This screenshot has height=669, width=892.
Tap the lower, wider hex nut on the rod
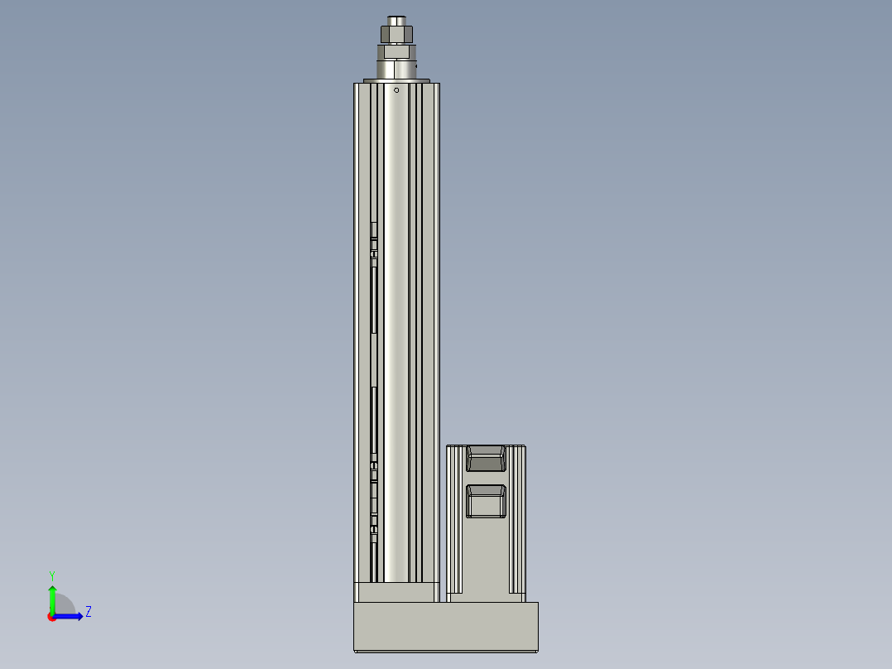pos(396,51)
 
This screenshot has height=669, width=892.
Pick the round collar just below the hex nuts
pos(396,69)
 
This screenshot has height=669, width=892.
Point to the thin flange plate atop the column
pos(397,80)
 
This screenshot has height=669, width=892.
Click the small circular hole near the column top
pos(396,89)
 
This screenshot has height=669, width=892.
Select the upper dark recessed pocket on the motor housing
pos(486,459)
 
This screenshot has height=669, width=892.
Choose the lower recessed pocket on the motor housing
pos(486,500)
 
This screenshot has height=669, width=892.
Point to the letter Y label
pos(51,575)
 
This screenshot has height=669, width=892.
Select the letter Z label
pos(88,612)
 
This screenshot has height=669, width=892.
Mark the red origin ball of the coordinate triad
pos(52,617)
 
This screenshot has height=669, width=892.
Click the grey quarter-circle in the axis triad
pos(64,605)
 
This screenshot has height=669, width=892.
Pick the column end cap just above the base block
pos(396,591)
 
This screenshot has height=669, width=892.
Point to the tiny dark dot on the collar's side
pos(416,64)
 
